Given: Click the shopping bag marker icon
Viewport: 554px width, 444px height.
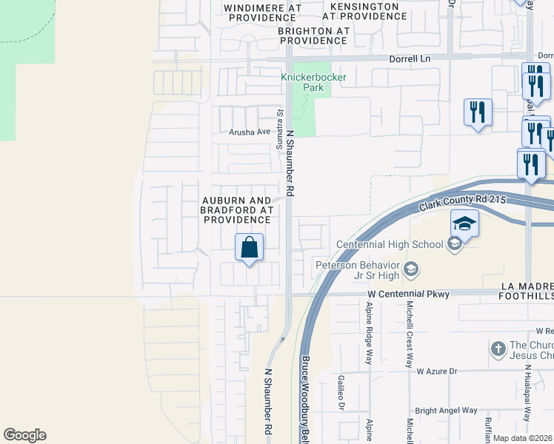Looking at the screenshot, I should (x=250, y=246).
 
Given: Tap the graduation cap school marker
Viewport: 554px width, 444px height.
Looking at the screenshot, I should (x=465, y=223).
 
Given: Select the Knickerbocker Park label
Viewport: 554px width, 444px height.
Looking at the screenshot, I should (x=302, y=82).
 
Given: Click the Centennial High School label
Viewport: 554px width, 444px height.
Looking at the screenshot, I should (x=390, y=244).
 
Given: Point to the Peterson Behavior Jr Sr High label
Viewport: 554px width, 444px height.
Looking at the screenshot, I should (x=358, y=270).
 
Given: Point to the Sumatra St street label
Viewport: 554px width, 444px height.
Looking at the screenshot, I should (x=280, y=130).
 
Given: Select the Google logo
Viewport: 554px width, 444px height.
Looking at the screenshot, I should (x=24, y=435).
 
